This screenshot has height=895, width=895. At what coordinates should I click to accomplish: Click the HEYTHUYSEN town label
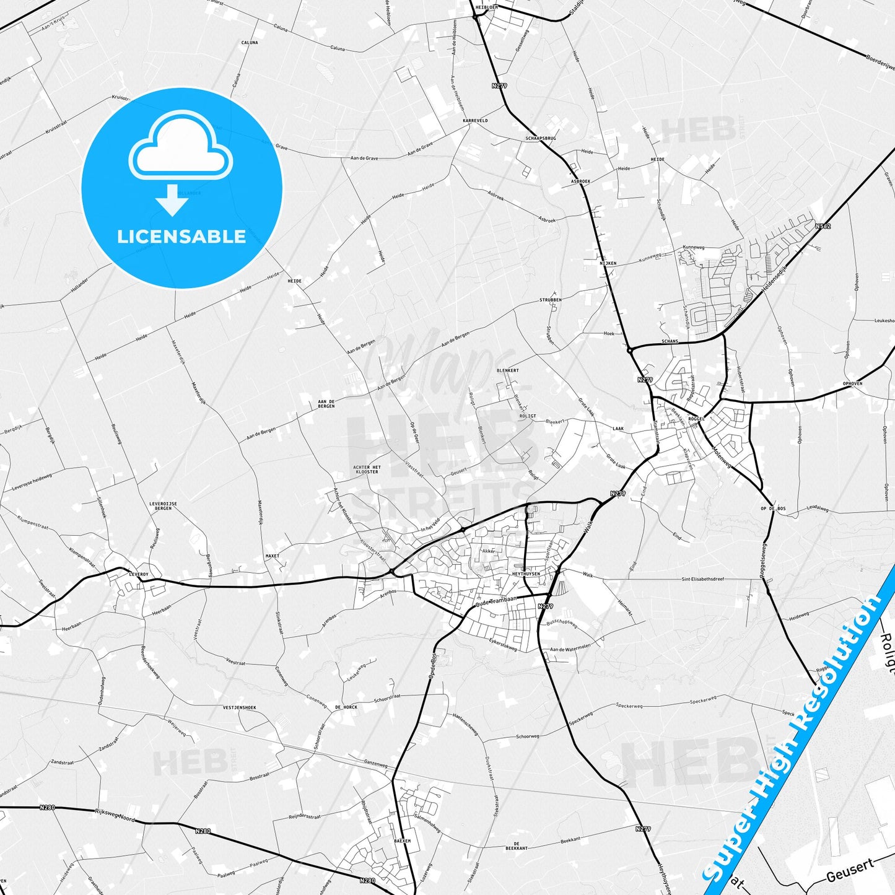(526, 574)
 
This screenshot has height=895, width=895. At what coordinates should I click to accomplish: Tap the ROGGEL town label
(697, 419)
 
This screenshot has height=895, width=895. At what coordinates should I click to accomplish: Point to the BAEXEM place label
(403, 841)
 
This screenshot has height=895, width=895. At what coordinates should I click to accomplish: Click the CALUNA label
(250, 43)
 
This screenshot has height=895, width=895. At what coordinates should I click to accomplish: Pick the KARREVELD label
(475, 121)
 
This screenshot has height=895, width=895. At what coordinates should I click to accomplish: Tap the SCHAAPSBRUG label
(541, 139)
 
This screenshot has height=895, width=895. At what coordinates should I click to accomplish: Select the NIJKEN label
(608, 263)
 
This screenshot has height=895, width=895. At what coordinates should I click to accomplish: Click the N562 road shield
(823, 226)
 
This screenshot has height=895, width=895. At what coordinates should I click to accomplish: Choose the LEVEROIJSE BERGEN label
(164, 506)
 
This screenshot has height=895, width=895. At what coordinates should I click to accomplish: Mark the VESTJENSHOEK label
(239, 707)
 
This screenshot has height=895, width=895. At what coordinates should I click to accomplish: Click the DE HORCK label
(346, 707)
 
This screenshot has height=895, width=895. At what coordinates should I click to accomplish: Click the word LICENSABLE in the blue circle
(181, 237)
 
